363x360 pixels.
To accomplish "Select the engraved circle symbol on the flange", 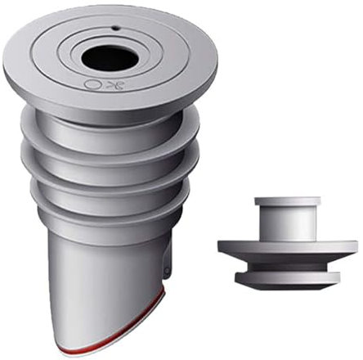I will tap(90, 83).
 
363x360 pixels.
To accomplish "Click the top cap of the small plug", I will tap(286, 201).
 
